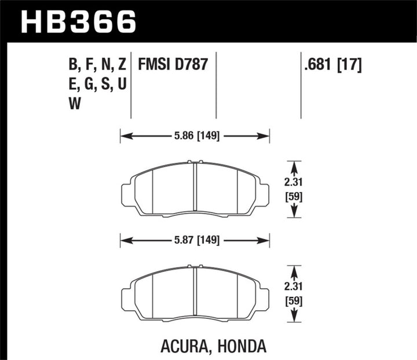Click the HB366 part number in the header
(79, 22)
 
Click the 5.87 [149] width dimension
(195, 238)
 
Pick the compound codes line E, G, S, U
(96, 84)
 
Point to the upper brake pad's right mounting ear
(263, 193)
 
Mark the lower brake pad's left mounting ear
(126, 295)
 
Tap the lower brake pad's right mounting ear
(263, 295)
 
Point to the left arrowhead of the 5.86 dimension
(123, 137)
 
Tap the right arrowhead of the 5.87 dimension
(266, 238)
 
